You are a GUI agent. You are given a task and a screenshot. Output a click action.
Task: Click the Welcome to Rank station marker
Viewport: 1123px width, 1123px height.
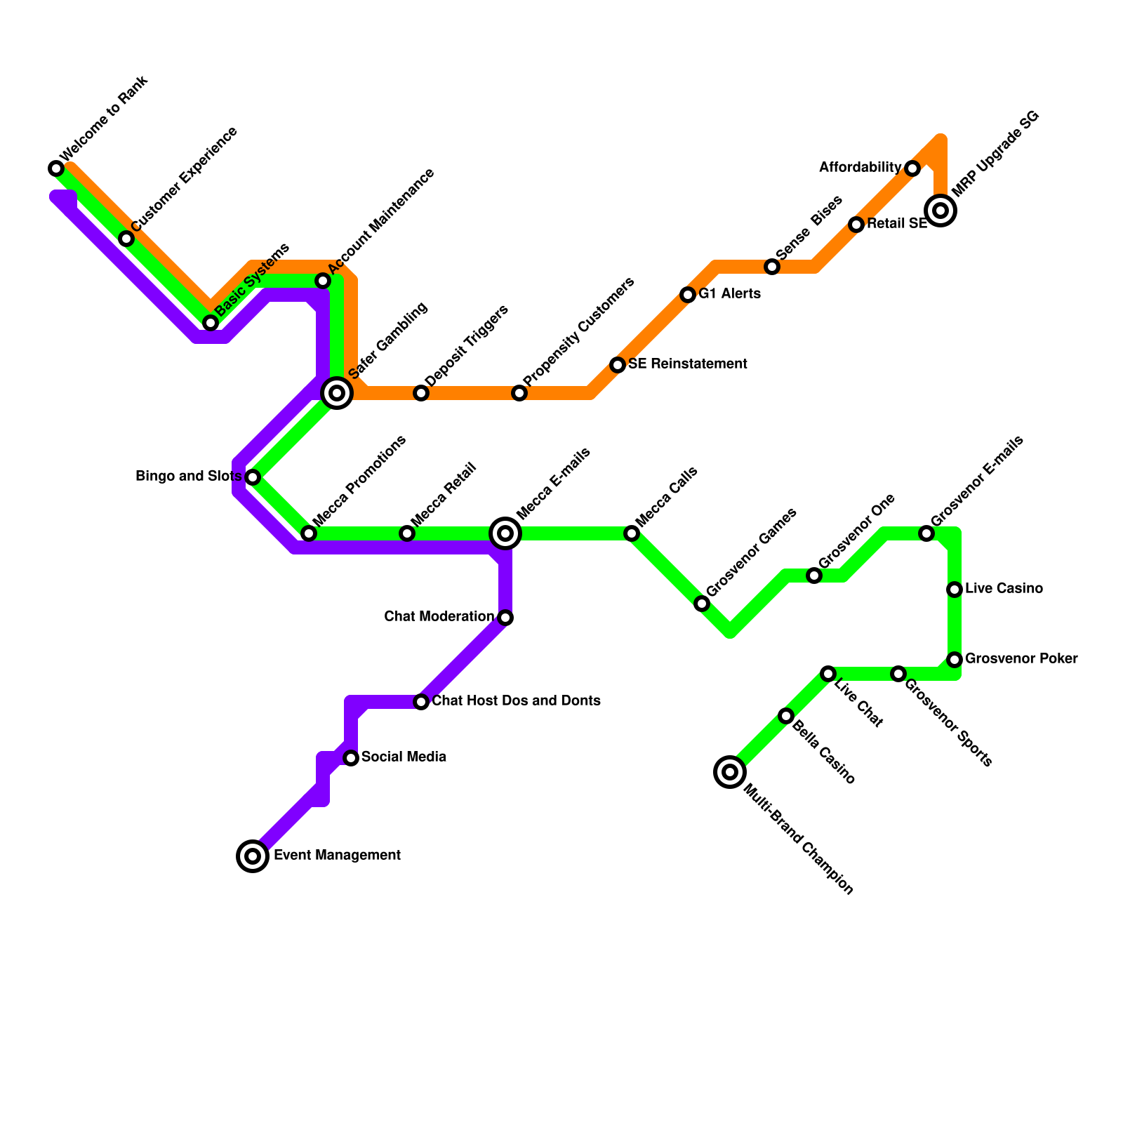[x=56, y=168]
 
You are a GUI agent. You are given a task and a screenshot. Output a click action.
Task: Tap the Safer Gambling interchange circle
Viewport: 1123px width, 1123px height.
[x=337, y=393]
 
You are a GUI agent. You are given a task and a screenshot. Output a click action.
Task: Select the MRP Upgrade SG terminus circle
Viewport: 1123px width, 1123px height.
[x=941, y=210]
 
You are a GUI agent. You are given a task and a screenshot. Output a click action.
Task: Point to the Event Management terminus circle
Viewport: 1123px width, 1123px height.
[x=253, y=856]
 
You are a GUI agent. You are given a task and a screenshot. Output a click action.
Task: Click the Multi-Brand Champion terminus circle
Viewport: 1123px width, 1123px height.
[x=730, y=772]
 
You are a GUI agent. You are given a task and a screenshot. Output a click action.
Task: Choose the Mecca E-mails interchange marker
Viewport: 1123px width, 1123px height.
[x=505, y=533]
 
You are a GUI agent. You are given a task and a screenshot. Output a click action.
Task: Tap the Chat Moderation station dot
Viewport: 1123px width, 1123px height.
[x=505, y=618]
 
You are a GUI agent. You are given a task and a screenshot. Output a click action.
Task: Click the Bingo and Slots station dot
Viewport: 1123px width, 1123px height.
[x=253, y=477]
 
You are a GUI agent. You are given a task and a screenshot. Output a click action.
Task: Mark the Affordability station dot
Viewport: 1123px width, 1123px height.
[x=912, y=168]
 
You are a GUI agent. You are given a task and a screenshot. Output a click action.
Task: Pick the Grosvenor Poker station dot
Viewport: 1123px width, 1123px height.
[x=955, y=660]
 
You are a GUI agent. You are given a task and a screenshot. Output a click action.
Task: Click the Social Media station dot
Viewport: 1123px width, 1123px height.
[x=351, y=758]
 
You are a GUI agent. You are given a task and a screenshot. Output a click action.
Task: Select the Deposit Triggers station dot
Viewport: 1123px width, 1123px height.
[x=421, y=393]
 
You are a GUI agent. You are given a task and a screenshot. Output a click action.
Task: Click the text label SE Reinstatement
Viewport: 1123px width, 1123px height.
[x=687, y=364]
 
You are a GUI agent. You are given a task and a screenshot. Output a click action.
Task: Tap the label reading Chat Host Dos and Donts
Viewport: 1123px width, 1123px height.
[x=516, y=701]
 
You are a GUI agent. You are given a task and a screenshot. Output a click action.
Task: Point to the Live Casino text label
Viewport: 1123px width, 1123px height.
[x=1004, y=589]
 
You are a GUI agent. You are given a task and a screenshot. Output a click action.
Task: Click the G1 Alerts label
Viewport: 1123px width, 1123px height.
[x=729, y=294]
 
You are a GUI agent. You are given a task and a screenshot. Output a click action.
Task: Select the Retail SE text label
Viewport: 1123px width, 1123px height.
[x=896, y=224]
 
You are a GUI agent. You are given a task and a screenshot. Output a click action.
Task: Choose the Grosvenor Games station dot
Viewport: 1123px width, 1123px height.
[x=702, y=604]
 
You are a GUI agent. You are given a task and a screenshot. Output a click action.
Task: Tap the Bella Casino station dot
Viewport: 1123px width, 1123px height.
[x=786, y=716]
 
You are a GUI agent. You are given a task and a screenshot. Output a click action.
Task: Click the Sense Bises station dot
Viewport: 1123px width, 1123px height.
[x=772, y=267]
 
